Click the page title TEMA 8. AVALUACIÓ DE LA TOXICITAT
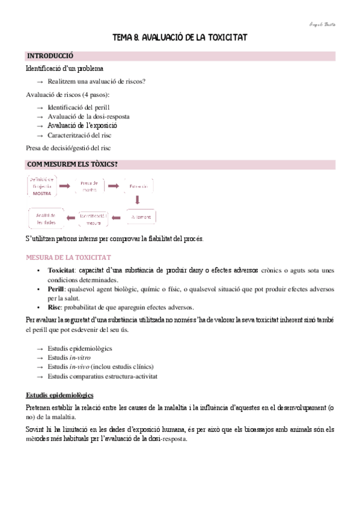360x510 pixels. (x=180, y=38)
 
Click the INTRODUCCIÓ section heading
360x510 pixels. (x=49, y=56)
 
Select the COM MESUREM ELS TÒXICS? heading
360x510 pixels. (x=72, y=164)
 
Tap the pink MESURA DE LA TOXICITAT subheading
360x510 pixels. (x=68, y=257)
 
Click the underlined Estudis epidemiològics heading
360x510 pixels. (x=59, y=395)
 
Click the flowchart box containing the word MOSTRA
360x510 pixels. (x=42, y=186)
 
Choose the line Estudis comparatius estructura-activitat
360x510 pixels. (x=102, y=376)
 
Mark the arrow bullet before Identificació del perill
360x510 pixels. (x=40, y=106)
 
